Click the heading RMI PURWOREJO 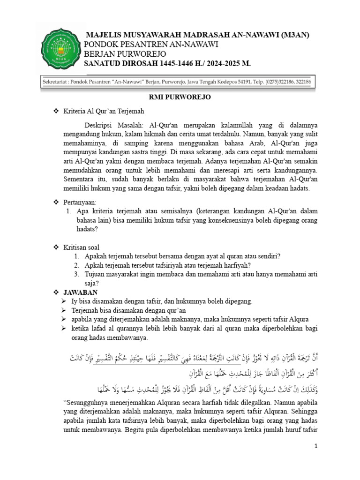pyautogui.click(x=180, y=97)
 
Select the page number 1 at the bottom pyautogui.click(x=316, y=445)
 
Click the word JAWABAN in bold pyautogui.click(x=81, y=292)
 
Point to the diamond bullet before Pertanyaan pyautogui.click(x=56, y=202)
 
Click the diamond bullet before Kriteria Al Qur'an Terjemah pyautogui.click(x=56, y=111)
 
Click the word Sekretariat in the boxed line pyautogui.click(x=60, y=82)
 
